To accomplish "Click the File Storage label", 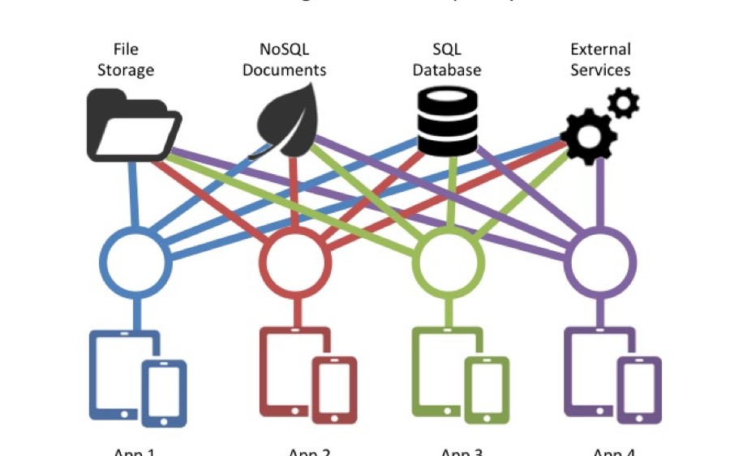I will pos(126,60).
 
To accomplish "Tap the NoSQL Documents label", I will pos(284,60).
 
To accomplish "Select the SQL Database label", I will pos(446,60).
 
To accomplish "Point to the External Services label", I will pos(600,60).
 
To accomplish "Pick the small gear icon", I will pos(624,103).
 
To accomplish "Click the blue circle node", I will pos(135,261).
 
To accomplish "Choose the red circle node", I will pos(294,261).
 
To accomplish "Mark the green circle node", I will pos(449,261).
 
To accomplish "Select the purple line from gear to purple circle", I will pos(601,194).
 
